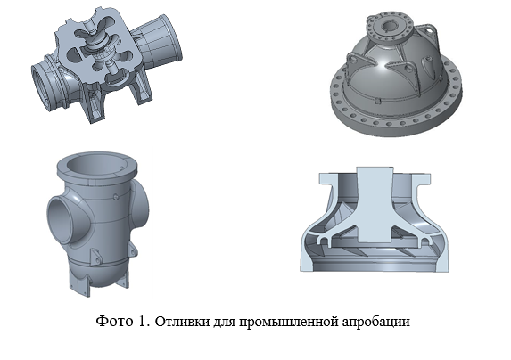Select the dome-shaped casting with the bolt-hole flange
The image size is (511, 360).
click(x=397, y=75)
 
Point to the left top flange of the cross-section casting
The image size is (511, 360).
click(x=329, y=179)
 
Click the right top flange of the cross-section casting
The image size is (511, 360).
click(x=420, y=179)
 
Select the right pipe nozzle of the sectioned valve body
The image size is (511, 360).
click(x=159, y=41)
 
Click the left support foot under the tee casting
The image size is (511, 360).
click(x=79, y=285)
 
